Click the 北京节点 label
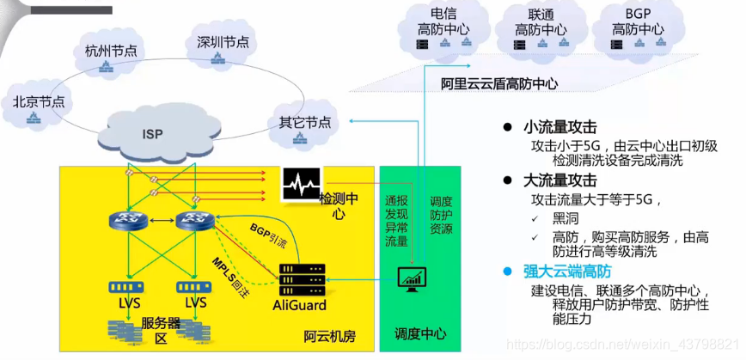pos(39,101)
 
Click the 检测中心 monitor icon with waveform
pos(301,184)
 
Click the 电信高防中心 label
pos(437,22)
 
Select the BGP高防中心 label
pos(638,22)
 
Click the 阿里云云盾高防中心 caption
pos(499,84)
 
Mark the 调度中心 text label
pos(419,333)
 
